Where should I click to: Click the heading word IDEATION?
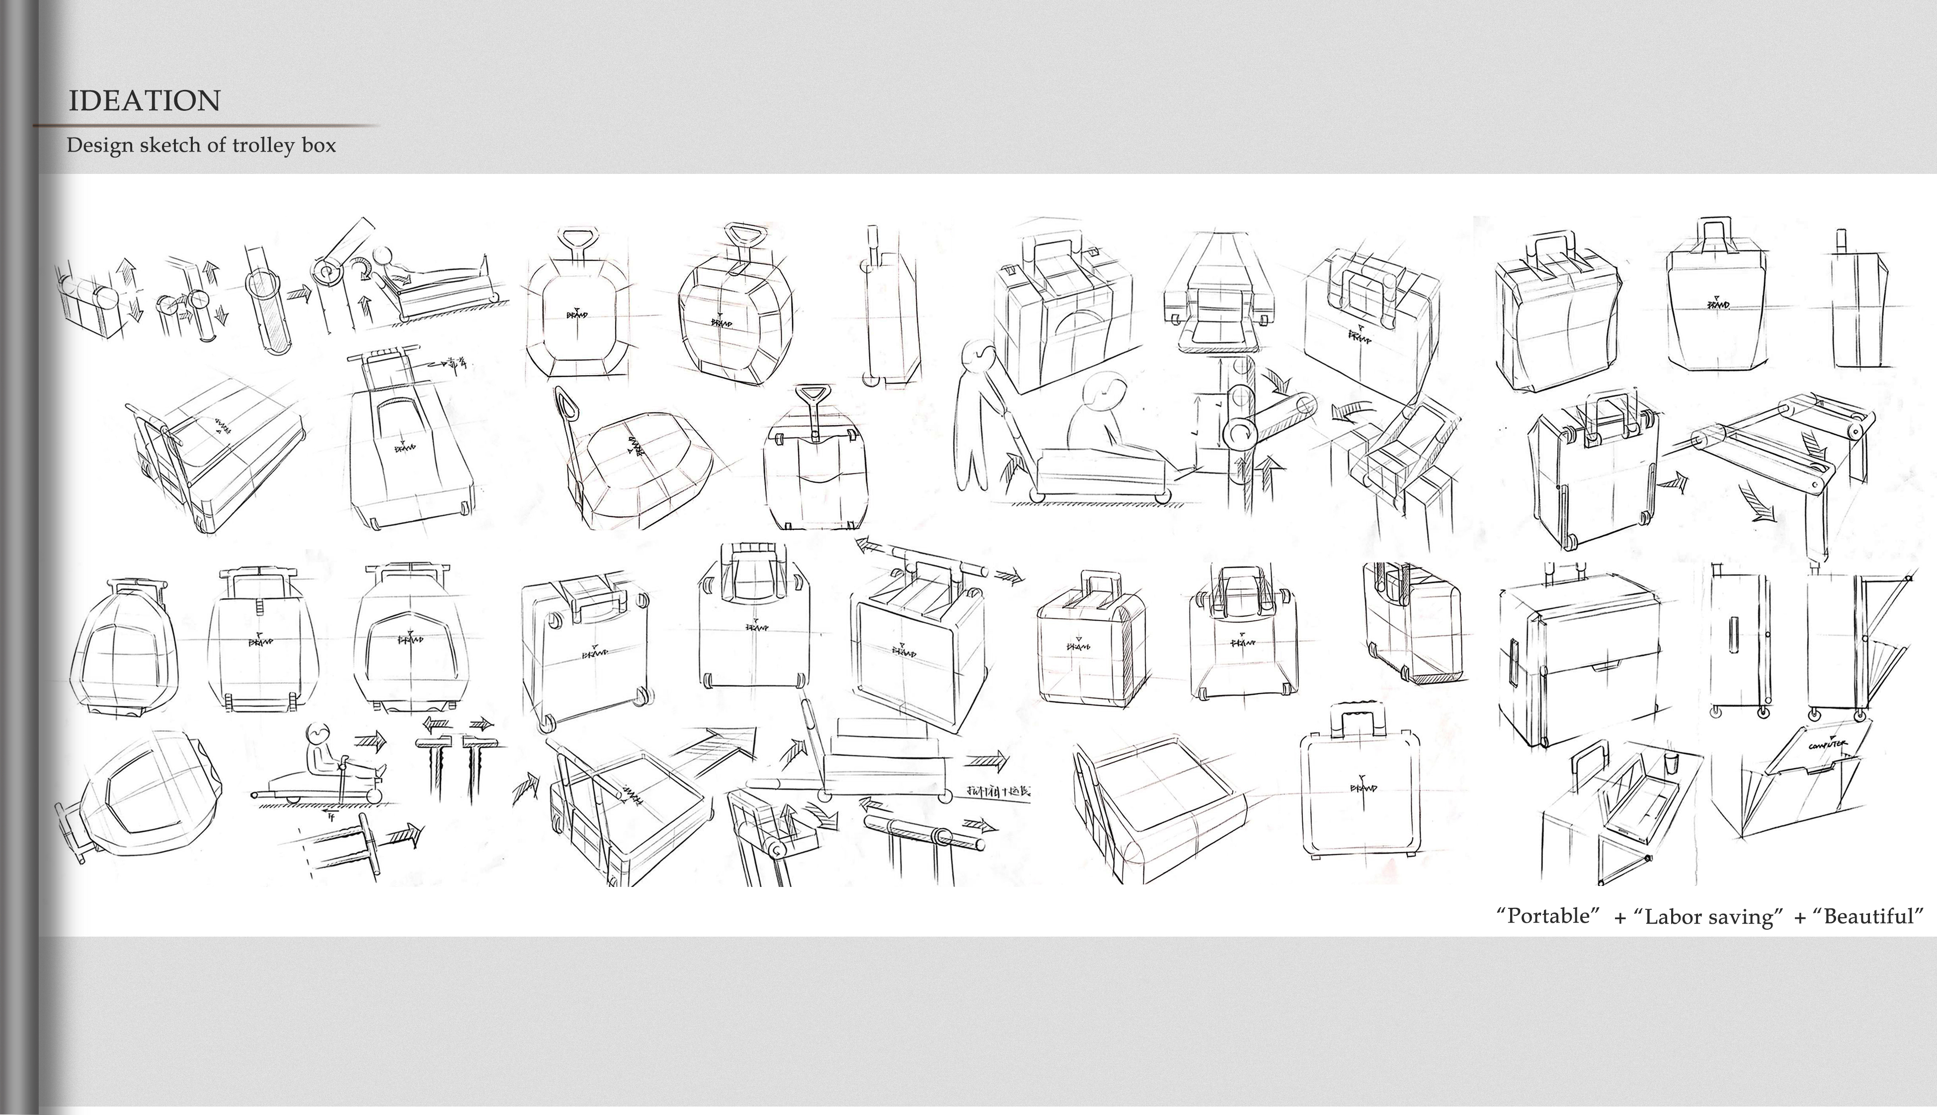[x=144, y=100]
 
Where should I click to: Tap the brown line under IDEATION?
[x=207, y=125]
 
